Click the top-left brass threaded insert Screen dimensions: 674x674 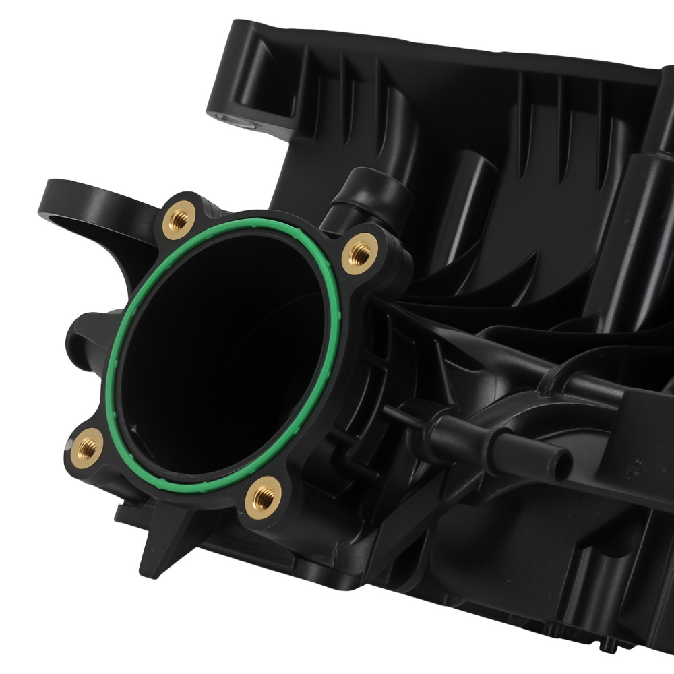(179, 219)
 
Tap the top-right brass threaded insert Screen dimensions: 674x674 (360, 253)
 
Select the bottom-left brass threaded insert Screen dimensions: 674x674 (87, 447)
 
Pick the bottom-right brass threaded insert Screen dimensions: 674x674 (263, 497)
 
